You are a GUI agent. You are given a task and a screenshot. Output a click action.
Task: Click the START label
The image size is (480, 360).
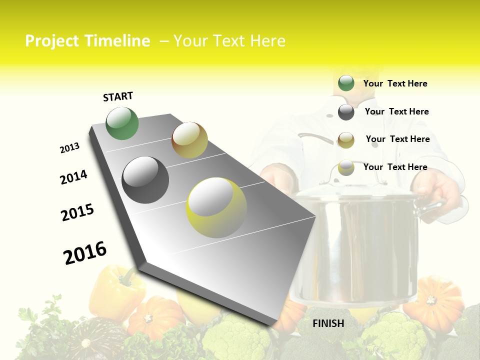(118, 96)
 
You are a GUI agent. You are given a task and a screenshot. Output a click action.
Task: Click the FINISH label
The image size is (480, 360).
(328, 323)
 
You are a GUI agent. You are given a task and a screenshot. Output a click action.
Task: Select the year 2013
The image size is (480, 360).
(69, 148)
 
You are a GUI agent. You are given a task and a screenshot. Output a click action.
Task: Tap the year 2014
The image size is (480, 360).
(73, 177)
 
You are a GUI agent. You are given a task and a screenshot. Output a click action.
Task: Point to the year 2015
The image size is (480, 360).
(77, 212)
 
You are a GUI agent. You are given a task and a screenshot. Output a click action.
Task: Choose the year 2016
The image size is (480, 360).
(85, 253)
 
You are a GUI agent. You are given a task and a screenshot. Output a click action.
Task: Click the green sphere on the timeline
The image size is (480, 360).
(122, 123)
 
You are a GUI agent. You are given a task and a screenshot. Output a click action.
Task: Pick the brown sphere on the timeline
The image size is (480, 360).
(189, 140)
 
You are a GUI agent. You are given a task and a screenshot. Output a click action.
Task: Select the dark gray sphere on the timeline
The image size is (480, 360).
(145, 180)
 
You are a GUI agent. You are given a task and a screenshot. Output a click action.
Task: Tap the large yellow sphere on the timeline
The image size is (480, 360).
(216, 207)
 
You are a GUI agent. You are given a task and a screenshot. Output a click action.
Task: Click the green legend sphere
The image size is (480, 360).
(346, 83)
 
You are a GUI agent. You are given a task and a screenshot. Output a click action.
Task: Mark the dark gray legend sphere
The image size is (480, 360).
(346, 112)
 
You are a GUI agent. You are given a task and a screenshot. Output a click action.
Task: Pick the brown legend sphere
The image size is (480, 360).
(346, 140)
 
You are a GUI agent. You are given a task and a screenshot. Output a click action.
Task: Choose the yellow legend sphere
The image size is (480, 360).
(346, 168)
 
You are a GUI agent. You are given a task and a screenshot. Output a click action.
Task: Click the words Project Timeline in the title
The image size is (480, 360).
(87, 41)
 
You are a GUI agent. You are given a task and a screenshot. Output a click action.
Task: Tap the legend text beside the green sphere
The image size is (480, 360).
(395, 83)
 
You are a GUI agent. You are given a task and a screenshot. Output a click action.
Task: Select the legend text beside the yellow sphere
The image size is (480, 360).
(395, 167)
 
